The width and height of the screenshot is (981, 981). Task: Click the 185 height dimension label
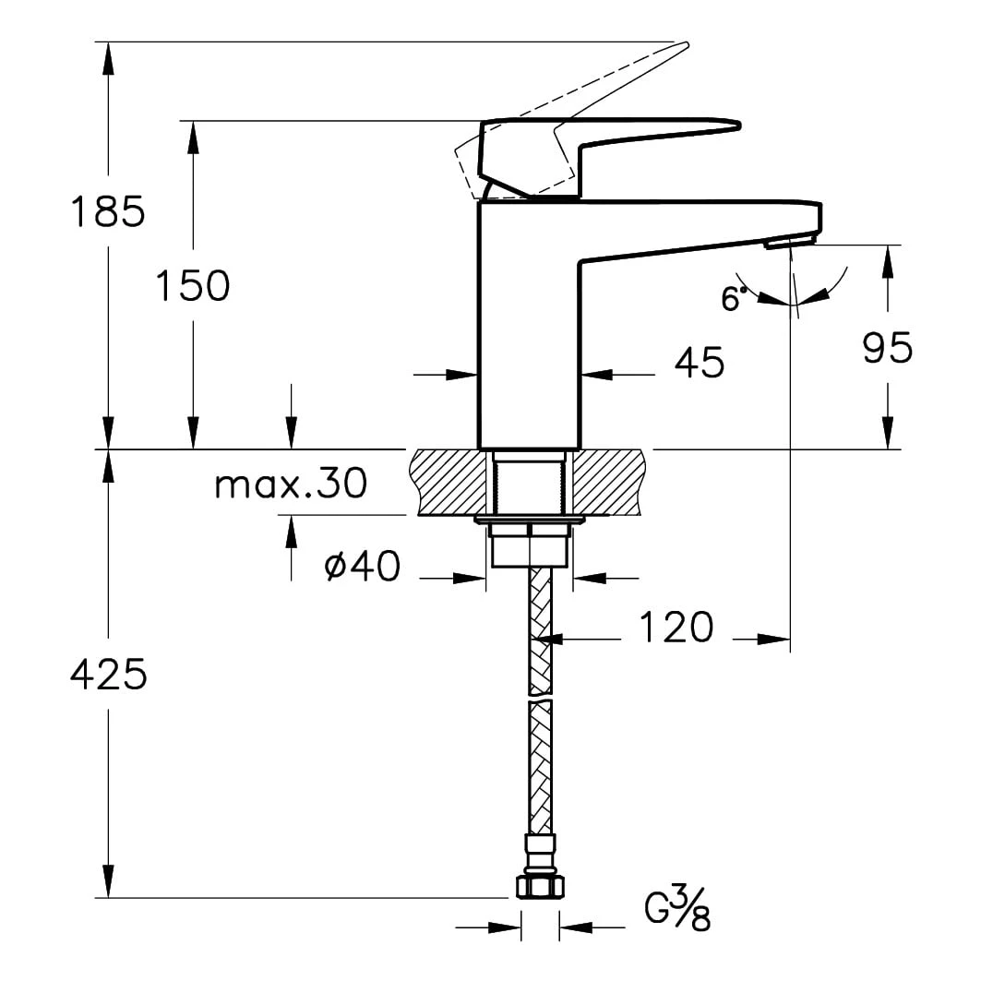click(108, 210)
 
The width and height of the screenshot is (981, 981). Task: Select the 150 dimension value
click(193, 286)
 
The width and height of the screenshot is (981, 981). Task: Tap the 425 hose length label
click(108, 675)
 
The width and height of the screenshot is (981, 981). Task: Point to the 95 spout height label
click(888, 348)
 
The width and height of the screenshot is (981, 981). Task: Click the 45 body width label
click(700, 362)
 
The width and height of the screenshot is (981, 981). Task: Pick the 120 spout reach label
click(676, 627)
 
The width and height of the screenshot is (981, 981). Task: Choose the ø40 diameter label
click(363, 567)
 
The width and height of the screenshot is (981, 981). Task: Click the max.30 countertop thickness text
click(291, 484)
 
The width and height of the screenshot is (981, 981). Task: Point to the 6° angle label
click(734, 299)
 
